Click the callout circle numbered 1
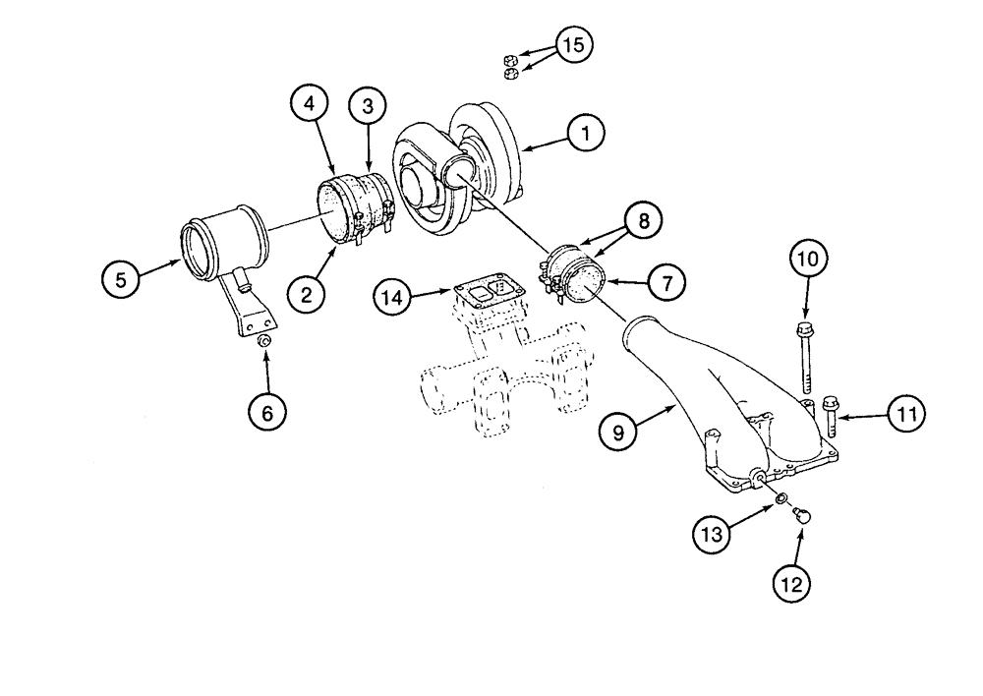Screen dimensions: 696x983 [585, 133]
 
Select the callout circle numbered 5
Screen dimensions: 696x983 [121, 280]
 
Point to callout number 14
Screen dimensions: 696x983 [391, 296]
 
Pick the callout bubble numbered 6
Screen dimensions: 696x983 [266, 413]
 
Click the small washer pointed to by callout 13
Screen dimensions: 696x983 [779, 500]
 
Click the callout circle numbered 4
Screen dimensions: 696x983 [310, 103]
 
